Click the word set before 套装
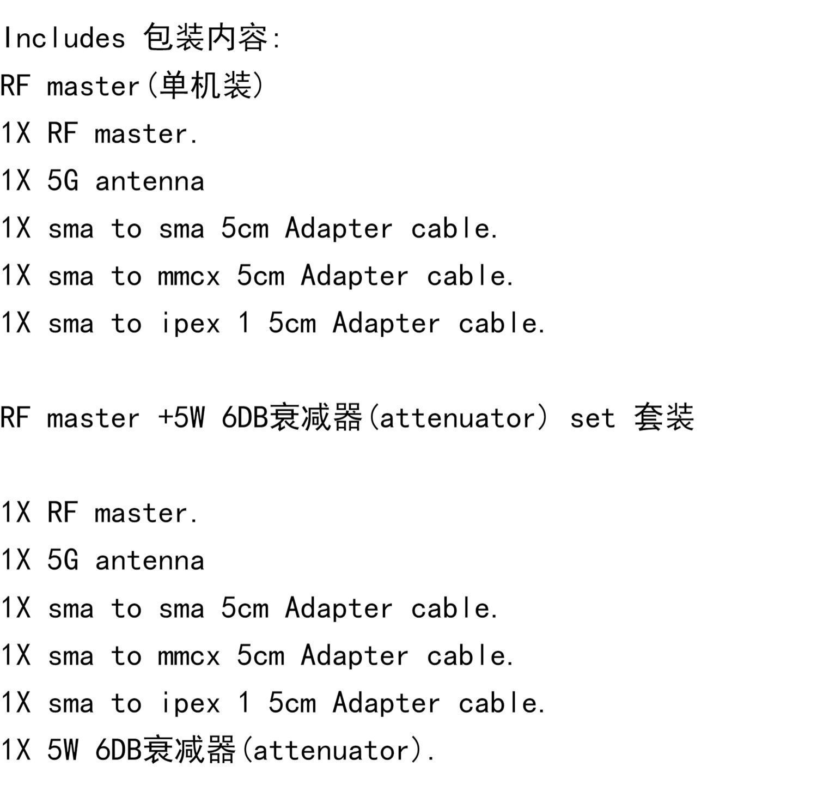coord(592,418)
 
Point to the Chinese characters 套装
coord(664,418)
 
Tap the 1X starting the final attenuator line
coord(16,750)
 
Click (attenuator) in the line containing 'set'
coord(458,418)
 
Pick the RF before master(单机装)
coord(15,86)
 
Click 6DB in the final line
coord(118,750)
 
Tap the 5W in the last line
coord(63,750)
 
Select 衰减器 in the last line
coord(188,750)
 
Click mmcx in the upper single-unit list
coord(188,276)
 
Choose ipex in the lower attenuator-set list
coord(190,703)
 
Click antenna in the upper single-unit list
coord(150,181)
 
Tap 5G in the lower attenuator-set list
coord(63,561)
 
